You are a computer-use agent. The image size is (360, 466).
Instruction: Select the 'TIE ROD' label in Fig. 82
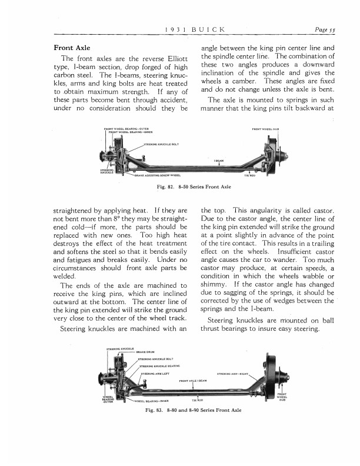(249, 175)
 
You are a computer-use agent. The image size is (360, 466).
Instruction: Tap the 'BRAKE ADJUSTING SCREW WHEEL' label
(156, 175)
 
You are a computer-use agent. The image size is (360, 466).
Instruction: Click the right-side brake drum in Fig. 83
(271, 380)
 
